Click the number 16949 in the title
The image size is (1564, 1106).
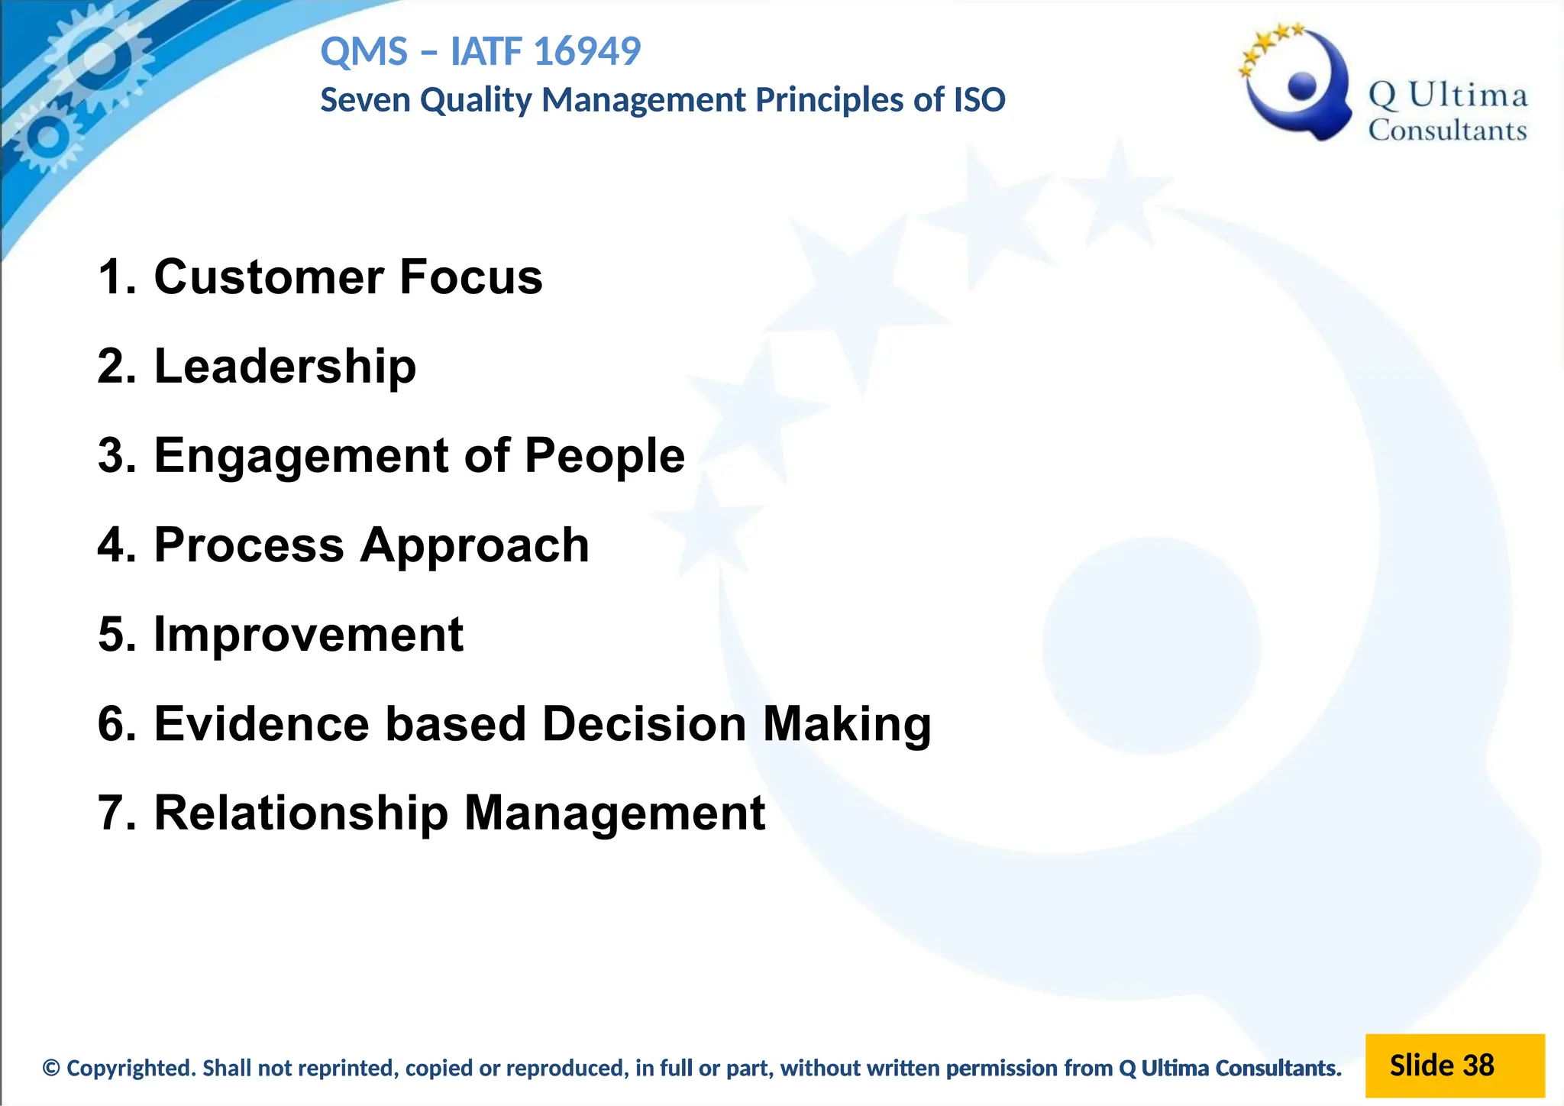586,52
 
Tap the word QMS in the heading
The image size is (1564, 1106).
364,52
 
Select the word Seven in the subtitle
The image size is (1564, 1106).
365,100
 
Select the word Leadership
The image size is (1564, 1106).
285,367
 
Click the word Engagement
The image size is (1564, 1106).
302,456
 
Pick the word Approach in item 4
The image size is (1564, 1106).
474,545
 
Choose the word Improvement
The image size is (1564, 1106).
309,634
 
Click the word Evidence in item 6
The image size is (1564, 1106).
263,723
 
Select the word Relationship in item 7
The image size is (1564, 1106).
301,813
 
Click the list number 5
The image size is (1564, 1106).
111,634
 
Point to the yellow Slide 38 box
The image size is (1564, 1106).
1453,1066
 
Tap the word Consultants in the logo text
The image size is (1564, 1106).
1447,131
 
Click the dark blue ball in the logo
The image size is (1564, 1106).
1302,86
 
